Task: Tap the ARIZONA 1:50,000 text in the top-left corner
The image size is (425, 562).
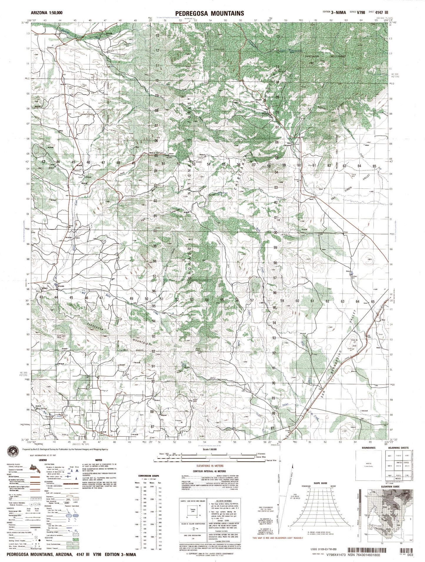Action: [x=46, y=13]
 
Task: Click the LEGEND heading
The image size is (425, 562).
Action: [x=43, y=459]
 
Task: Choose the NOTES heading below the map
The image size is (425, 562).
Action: [x=99, y=460]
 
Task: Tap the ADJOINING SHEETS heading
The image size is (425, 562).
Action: [x=398, y=448]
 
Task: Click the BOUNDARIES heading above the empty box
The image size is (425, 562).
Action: [x=368, y=448]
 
